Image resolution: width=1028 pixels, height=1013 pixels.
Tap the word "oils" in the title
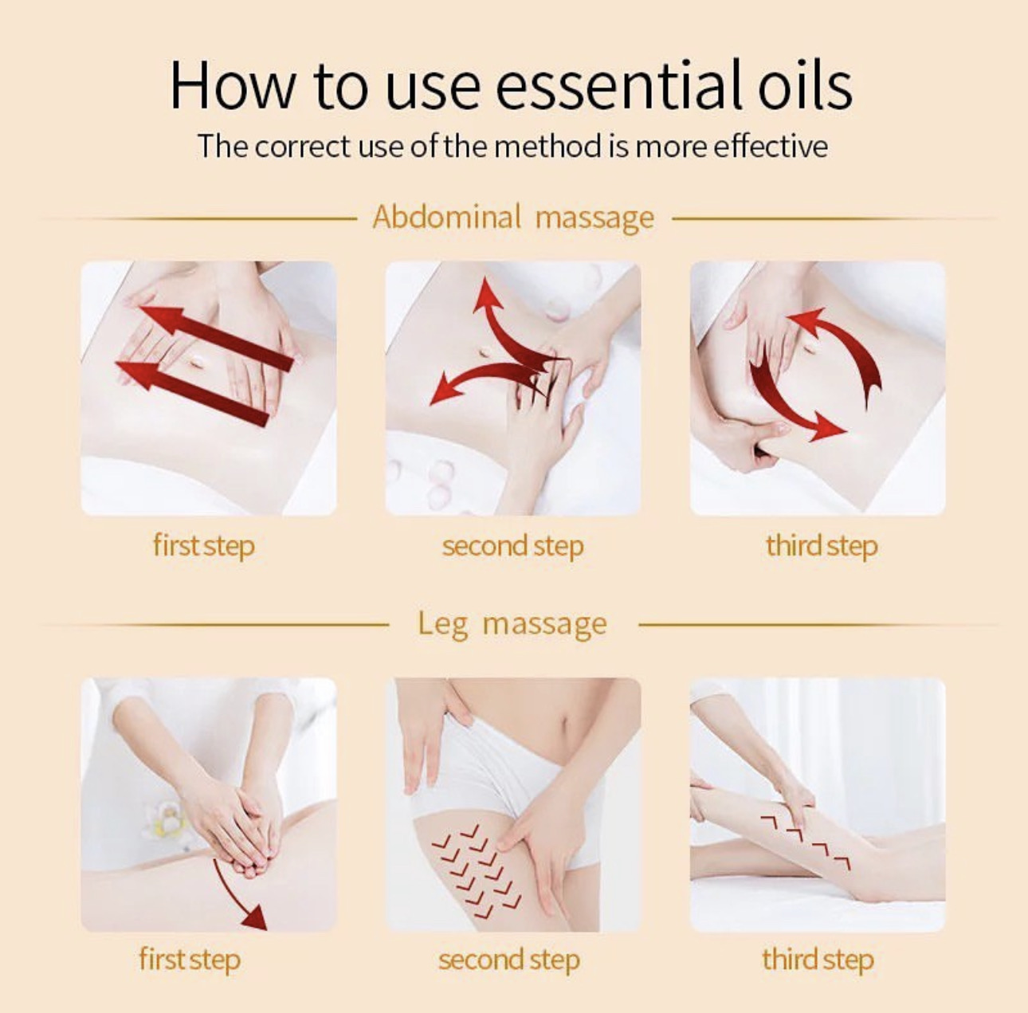(805, 86)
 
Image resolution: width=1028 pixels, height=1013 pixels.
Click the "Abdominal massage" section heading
(513, 218)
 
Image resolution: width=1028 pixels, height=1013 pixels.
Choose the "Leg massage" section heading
(512, 624)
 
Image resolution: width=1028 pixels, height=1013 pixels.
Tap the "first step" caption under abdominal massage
(204, 546)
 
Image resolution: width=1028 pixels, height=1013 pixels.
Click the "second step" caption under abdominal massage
(512, 546)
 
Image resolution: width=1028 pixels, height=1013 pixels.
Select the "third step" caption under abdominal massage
(822, 546)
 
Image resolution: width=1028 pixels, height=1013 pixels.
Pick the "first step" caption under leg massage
(190, 959)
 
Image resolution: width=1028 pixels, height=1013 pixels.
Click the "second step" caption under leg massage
(509, 959)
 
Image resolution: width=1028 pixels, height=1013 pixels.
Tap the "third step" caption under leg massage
(818, 959)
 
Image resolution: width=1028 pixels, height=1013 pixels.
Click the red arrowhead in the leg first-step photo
(256, 917)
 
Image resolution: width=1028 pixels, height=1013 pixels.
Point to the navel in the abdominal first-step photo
(197, 363)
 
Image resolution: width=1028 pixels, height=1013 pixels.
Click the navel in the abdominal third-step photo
(810, 347)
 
